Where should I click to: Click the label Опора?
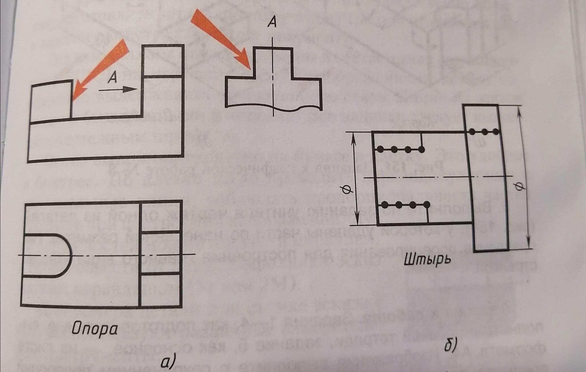[94, 329]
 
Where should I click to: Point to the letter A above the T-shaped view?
[272, 22]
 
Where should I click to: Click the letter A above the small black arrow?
[112, 77]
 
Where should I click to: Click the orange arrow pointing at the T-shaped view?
[220, 37]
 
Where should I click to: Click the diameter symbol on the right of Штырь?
[519, 186]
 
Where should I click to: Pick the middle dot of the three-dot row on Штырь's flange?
[484, 131]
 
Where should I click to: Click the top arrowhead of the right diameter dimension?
[519, 111]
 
